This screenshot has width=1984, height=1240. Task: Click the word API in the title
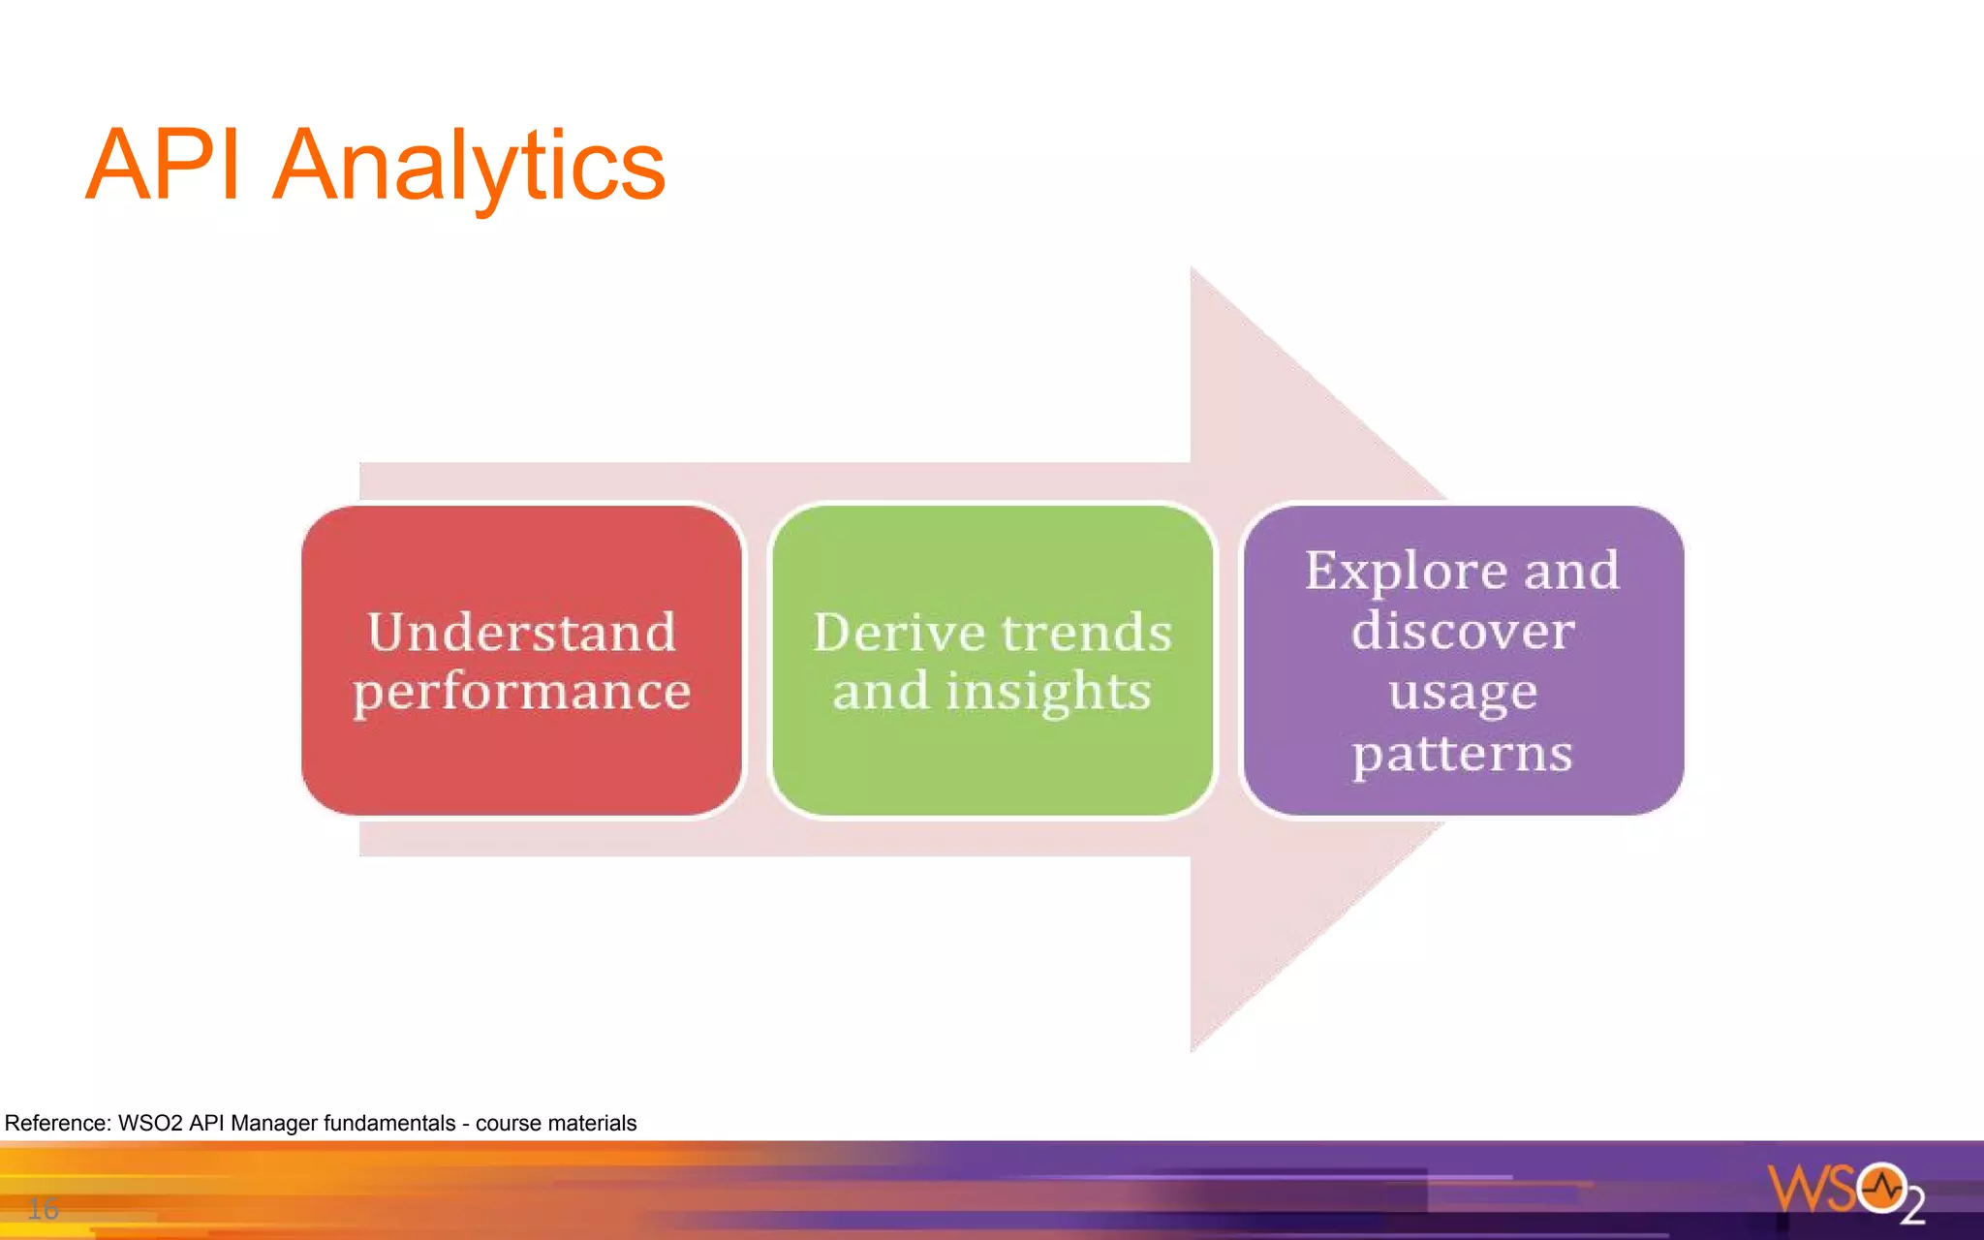point(163,167)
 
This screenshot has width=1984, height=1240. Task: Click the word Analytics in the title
point(469,167)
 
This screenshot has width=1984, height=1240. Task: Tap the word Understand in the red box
point(521,633)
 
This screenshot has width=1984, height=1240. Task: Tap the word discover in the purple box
point(1463,631)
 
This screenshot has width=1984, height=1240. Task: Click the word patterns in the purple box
point(1463,754)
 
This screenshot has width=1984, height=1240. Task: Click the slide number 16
point(43,1208)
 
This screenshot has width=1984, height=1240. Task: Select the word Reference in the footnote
point(57,1124)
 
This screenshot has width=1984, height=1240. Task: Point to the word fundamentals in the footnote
point(388,1124)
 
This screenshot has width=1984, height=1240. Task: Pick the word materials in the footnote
point(595,1124)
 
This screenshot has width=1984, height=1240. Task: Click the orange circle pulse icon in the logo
point(1881,1186)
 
